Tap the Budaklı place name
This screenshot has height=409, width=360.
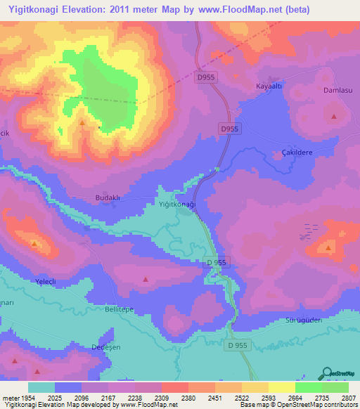point(108,198)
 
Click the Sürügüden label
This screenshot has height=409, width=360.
point(303,319)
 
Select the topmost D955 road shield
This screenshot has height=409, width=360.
point(206,77)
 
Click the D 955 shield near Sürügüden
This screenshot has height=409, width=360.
point(238,346)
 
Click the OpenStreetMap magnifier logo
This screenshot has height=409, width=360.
point(326,372)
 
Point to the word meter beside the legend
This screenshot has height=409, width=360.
point(9,398)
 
